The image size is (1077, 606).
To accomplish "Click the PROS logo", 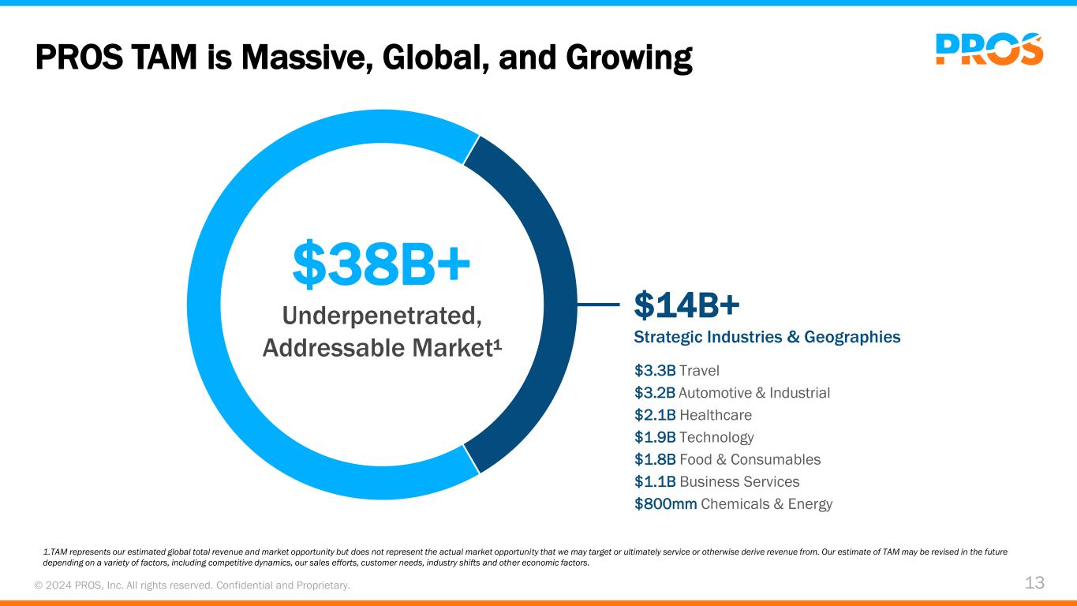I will point(989,49).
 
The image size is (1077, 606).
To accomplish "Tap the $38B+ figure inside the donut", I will point(382,265).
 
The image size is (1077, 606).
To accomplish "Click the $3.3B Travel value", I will point(655,371).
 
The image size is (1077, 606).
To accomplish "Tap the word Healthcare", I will point(716,415).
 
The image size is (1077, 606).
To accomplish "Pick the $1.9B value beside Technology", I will point(655,437).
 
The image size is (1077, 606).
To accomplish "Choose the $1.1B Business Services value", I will point(655,481).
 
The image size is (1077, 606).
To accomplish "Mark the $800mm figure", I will point(665,503).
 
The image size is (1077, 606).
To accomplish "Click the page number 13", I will point(1034,583).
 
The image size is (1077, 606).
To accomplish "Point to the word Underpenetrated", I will point(382,316).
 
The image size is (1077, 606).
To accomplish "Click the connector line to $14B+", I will point(598,304).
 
